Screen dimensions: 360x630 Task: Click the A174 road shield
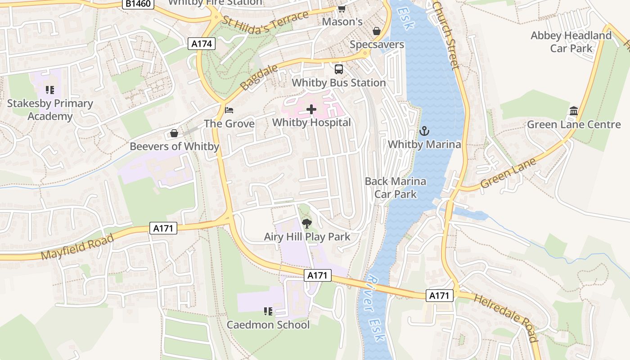click(202, 44)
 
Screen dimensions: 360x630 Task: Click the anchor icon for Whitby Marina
click(424, 131)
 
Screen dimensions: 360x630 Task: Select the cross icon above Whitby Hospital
click(311, 109)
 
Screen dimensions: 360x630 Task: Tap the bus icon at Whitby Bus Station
click(339, 69)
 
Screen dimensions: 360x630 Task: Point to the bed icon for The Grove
click(229, 110)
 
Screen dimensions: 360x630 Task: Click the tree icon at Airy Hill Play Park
click(307, 223)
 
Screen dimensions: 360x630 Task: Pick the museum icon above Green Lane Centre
click(574, 111)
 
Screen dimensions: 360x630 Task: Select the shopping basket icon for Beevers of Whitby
click(174, 134)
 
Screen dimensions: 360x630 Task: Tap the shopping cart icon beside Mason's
click(342, 9)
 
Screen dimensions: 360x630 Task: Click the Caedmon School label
click(268, 324)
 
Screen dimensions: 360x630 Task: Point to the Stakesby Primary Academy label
click(50, 110)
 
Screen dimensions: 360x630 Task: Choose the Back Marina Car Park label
click(396, 188)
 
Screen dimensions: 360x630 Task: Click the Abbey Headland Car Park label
click(571, 42)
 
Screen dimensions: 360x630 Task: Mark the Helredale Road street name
click(506, 317)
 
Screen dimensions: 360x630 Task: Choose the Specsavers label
click(377, 45)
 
